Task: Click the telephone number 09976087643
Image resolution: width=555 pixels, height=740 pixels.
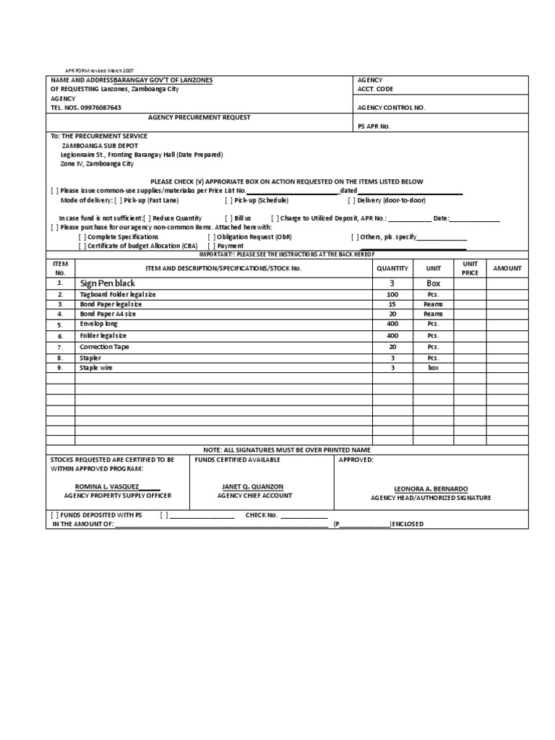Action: tap(96, 107)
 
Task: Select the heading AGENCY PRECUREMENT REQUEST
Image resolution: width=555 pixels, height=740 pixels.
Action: tap(199, 116)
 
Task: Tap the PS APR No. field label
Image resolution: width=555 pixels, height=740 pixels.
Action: tap(374, 125)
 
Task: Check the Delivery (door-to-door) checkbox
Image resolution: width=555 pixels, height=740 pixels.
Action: tap(352, 200)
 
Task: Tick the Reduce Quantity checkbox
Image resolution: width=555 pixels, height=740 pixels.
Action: tap(147, 218)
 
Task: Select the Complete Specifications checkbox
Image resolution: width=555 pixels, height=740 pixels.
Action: tap(82, 236)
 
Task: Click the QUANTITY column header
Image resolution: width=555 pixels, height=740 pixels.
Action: tap(392, 268)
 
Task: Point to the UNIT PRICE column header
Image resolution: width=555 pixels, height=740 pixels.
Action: tap(470, 268)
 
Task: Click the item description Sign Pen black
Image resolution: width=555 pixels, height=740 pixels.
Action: tap(108, 284)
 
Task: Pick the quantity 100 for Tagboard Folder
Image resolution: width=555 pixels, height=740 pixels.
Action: tap(392, 295)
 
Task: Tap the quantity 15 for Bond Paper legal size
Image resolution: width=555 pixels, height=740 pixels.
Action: tap(392, 304)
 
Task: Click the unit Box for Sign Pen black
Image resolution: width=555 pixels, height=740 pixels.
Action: tap(433, 284)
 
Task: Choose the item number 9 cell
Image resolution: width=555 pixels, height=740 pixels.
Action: tap(61, 368)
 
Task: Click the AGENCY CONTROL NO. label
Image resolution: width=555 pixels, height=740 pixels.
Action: tap(392, 107)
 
